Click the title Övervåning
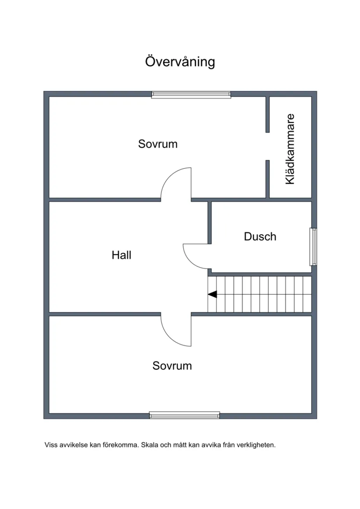[x=180, y=62]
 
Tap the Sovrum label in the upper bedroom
[x=158, y=144]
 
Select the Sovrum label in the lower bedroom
[x=172, y=366]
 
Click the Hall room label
[x=121, y=255]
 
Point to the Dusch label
[x=260, y=237]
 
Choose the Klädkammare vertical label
[x=290, y=149]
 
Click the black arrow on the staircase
[x=213, y=294]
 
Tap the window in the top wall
[x=191, y=95]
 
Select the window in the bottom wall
[x=185, y=415]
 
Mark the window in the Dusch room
[x=313, y=247]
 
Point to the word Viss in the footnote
[x=50, y=445]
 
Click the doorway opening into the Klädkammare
[x=267, y=146]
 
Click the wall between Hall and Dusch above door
[x=210, y=222]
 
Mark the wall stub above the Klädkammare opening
[x=267, y=114]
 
